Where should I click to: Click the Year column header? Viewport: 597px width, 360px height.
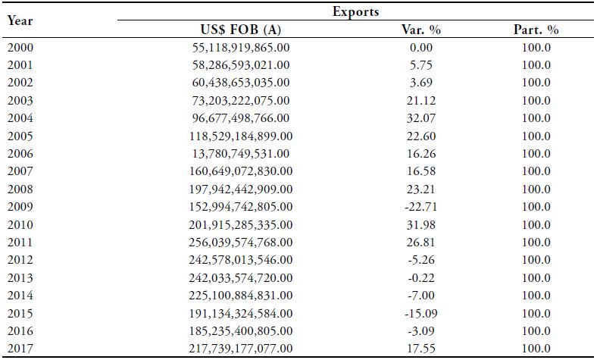point(20,21)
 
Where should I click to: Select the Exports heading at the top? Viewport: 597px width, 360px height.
point(355,12)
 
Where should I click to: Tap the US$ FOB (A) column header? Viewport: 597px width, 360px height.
point(241,30)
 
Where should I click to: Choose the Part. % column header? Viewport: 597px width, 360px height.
point(536,30)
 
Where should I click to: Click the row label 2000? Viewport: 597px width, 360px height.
point(20,47)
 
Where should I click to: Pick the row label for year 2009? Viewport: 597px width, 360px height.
point(20,207)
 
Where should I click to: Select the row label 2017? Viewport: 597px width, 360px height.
point(20,349)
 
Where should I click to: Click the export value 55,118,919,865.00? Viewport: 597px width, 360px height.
point(241,47)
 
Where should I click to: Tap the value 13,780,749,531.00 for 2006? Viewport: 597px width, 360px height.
point(241,154)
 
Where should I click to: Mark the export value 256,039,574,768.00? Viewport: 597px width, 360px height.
point(241,243)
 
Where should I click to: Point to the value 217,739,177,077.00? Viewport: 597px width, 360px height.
point(241,349)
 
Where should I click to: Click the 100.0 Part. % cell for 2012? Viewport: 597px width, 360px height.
point(536,260)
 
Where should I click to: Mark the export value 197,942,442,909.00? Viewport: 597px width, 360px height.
point(241,189)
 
